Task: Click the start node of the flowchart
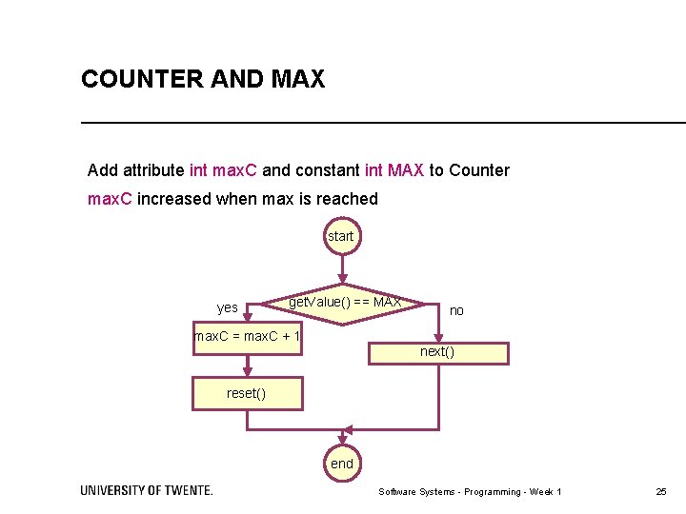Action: tap(340, 236)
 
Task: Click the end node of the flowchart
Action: tap(341, 464)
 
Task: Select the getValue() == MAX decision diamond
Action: tap(344, 304)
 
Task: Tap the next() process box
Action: tap(438, 352)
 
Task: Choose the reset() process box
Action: tap(247, 393)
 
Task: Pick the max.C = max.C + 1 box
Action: tap(247, 337)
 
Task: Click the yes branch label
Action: tap(228, 307)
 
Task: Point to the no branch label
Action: tap(456, 310)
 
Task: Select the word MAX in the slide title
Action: tap(297, 80)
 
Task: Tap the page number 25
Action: tap(661, 491)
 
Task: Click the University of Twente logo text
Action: tap(147, 490)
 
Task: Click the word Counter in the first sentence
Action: tap(479, 170)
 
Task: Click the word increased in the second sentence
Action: tap(174, 199)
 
